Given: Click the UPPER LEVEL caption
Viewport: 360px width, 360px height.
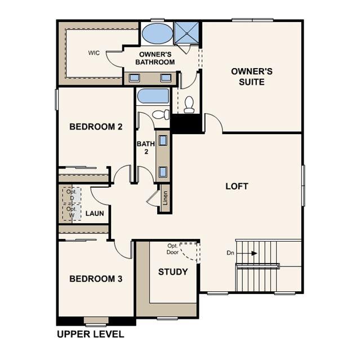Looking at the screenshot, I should [90, 334].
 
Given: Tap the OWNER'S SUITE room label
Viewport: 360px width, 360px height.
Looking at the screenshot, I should [252, 77].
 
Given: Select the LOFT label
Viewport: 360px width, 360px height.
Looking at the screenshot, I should [237, 186].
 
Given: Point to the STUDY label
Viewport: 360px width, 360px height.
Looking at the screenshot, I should [173, 272].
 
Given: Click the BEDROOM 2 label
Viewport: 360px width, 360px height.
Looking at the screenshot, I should [96, 127].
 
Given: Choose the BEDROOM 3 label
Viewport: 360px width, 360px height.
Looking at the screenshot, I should [96, 279].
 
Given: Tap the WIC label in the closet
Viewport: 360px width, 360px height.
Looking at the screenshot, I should [94, 53].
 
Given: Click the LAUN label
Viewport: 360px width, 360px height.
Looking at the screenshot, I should [94, 214].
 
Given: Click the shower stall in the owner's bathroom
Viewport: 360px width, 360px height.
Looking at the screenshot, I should [187, 32].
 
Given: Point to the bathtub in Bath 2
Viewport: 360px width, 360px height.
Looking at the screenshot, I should [153, 96].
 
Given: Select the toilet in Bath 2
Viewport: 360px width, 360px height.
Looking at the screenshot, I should [161, 114].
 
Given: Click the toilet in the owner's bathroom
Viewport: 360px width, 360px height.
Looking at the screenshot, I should [189, 104].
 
